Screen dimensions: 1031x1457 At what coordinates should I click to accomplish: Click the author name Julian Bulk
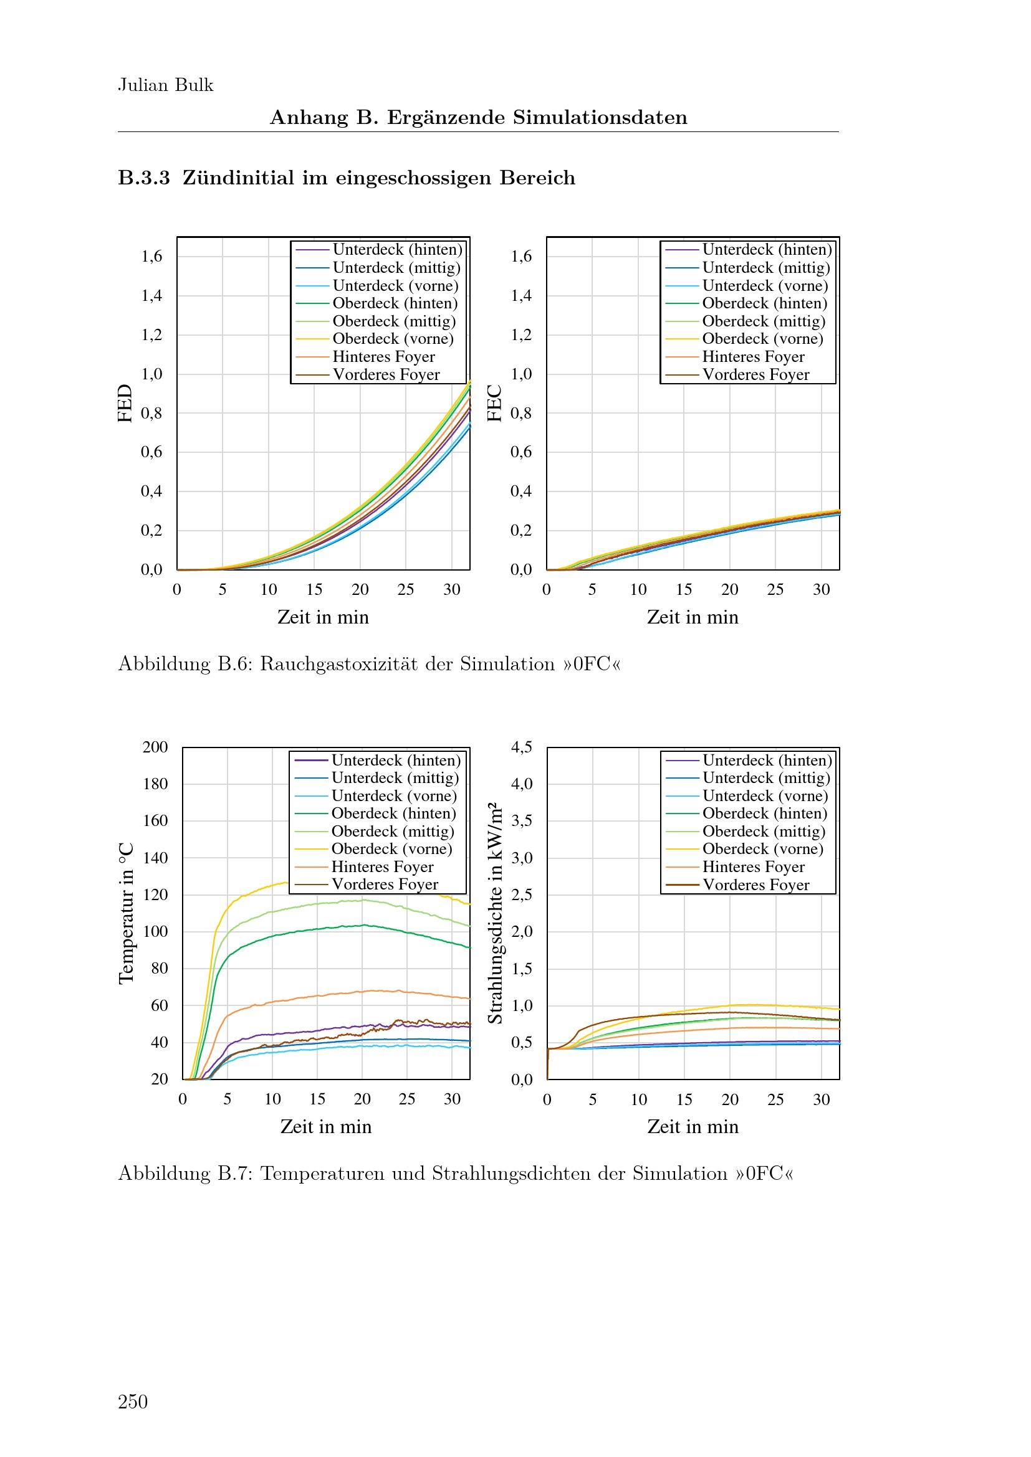[166, 85]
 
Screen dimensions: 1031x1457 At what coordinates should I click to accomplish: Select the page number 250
[133, 1401]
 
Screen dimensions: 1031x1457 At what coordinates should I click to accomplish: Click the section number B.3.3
[144, 178]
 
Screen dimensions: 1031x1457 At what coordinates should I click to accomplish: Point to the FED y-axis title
[125, 403]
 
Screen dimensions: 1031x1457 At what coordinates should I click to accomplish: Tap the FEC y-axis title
[494, 403]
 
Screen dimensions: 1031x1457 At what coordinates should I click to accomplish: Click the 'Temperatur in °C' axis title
[127, 914]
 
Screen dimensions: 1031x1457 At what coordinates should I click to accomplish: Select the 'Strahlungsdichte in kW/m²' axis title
[495, 914]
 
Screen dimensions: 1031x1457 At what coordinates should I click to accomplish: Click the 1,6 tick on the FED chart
[151, 257]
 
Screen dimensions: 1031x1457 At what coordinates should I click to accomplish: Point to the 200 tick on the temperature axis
[156, 747]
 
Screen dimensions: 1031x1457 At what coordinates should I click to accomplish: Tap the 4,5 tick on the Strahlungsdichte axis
[522, 747]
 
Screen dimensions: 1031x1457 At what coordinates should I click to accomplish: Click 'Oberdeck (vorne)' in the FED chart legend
[393, 339]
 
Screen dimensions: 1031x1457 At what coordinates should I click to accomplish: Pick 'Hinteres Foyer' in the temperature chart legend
[382, 867]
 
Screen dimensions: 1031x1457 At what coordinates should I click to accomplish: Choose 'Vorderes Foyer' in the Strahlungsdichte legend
[755, 885]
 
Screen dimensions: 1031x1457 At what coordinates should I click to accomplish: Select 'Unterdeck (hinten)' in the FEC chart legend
[767, 249]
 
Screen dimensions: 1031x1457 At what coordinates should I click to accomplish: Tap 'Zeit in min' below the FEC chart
[693, 617]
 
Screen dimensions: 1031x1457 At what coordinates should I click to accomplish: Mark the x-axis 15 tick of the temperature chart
[317, 1099]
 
